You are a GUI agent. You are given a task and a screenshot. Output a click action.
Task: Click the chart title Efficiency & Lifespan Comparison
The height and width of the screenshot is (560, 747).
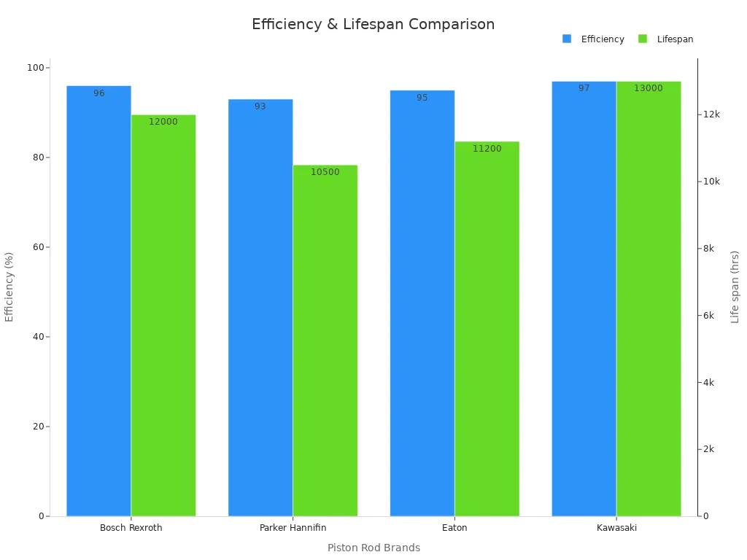(373, 25)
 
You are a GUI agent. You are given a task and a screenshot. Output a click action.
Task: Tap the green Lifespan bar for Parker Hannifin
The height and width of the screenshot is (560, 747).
(325, 343)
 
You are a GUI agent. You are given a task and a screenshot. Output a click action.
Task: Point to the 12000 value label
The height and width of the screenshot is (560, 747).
(163, 122)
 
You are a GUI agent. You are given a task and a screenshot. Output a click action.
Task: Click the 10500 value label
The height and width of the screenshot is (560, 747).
(325, 172)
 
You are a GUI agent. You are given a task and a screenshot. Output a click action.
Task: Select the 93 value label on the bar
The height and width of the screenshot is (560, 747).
(260, 106)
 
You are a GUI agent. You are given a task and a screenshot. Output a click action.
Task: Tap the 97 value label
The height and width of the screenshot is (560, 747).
(584, 88)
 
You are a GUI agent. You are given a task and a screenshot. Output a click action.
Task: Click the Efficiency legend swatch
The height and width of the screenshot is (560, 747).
(567, 39)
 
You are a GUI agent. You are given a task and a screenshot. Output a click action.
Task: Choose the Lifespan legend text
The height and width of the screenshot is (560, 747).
(675, 39)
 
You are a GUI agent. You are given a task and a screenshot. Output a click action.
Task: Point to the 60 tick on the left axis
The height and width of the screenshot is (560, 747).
(36, 247)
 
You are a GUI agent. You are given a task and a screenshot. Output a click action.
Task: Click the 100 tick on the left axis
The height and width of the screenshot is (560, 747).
(34, 68)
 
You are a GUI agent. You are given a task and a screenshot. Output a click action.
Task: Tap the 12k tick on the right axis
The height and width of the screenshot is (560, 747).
(711, 114)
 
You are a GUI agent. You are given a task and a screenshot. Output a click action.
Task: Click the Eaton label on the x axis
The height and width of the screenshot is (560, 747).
(454, 528)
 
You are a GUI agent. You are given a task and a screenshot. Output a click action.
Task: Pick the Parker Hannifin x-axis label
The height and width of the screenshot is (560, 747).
(293, 528)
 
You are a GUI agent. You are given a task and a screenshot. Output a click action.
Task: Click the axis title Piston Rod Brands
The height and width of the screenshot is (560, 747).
(373, 548)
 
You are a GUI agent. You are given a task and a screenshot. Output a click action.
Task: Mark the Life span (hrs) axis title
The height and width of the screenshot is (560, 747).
(735, 287)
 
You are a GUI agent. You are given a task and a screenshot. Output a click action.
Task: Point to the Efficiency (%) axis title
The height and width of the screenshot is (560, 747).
(9, 287)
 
